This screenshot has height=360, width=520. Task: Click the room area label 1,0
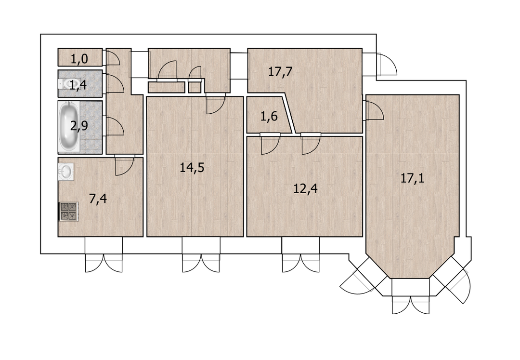(79, 59)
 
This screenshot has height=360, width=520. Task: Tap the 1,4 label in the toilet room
(78, 85)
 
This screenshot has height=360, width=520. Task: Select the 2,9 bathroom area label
(79, 126)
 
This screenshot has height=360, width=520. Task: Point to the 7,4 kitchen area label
(98, 199)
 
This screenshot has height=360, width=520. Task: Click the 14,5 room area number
(192, 168)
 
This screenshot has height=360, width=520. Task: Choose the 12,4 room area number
(305, 189)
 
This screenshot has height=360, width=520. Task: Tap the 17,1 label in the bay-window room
(412, 178)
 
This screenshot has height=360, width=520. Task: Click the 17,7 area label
(280, 72)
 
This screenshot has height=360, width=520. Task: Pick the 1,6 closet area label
(269, 117)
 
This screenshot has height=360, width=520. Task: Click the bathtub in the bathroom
(69, 126)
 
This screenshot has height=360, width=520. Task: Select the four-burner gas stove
(69, 212)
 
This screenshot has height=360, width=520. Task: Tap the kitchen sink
(65, 172)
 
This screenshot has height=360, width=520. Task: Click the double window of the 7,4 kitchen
(104, 255)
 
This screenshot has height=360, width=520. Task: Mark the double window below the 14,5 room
(201, 255)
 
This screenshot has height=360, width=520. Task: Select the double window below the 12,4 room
(301, 255)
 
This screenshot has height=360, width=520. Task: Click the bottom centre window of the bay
(411, 296)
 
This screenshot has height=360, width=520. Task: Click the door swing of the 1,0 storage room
(112, 57)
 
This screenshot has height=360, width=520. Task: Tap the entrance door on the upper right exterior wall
(386, 65)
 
